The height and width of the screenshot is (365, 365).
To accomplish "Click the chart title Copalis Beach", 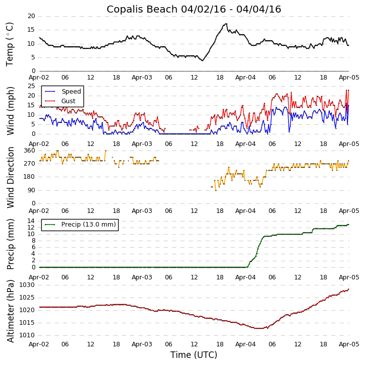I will (x=194, y=9).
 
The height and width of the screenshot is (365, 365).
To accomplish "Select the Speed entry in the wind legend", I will (x=71, y=92).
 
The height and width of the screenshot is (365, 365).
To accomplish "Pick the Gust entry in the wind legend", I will (x=68, y=101).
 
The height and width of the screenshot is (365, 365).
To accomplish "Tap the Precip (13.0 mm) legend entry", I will (x=88, y=225).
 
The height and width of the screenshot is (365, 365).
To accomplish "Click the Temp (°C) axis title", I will (x=10, y=44).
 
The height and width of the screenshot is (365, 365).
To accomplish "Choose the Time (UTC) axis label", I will (x=194, y=355).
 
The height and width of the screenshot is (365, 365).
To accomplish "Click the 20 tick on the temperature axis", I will (x=31, y=16).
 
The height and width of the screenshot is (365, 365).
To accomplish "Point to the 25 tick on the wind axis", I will (x=31, y=86).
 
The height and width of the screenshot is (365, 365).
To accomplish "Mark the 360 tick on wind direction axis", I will (x=29, y=151).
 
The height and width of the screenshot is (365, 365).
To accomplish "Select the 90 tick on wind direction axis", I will (x=31, y=190).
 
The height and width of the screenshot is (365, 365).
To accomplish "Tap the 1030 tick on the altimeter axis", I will (x=28, y=285).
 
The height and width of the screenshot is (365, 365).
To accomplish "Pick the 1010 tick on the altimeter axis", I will (x=28, y=335).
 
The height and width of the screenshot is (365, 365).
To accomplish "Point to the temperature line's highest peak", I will (x=226, y=24).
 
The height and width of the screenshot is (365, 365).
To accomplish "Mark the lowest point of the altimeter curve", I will (x=259, y=328).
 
